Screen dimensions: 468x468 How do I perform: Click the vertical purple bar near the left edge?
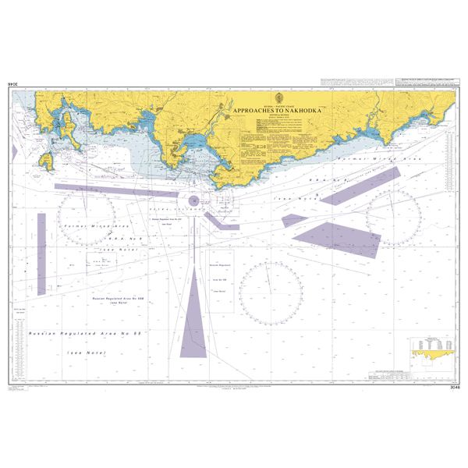click(41, 242)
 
